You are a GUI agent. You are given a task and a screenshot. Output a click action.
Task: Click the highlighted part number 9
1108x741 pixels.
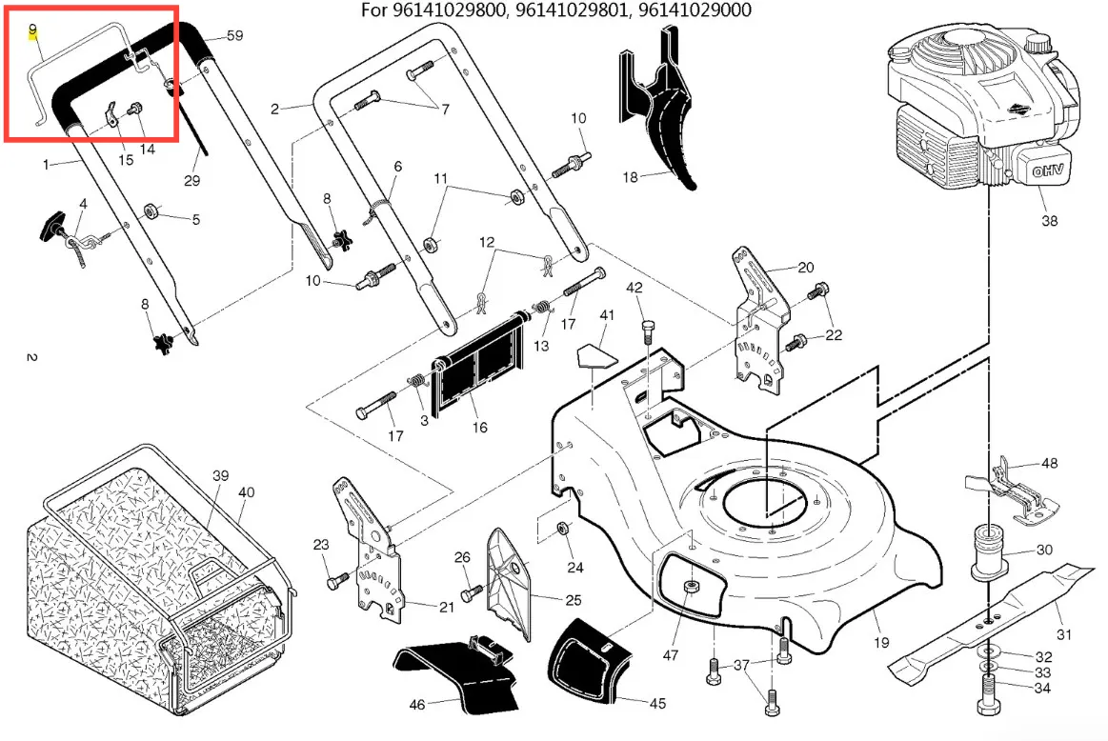tap(33, 30)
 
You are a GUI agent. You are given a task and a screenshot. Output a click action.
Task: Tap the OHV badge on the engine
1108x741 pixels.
tap(1048, 170)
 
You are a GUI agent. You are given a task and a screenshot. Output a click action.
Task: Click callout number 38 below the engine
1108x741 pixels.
tap(1049, 220)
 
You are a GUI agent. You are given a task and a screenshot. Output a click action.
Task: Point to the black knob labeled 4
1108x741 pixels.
tap(51, 226)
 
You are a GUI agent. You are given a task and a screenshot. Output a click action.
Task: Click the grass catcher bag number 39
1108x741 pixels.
tap(220, 475)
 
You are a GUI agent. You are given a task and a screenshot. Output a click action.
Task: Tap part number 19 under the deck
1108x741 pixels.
tap(881, 642)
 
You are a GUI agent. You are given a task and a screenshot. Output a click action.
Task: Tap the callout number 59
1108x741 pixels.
tap(234, 35)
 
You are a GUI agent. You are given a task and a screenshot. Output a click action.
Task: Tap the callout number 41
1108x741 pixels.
tap(607, 315)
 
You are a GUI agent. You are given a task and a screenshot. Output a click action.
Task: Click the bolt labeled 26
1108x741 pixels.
tap(472, 592)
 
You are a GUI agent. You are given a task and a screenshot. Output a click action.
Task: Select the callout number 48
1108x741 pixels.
tap(1049, 463)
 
